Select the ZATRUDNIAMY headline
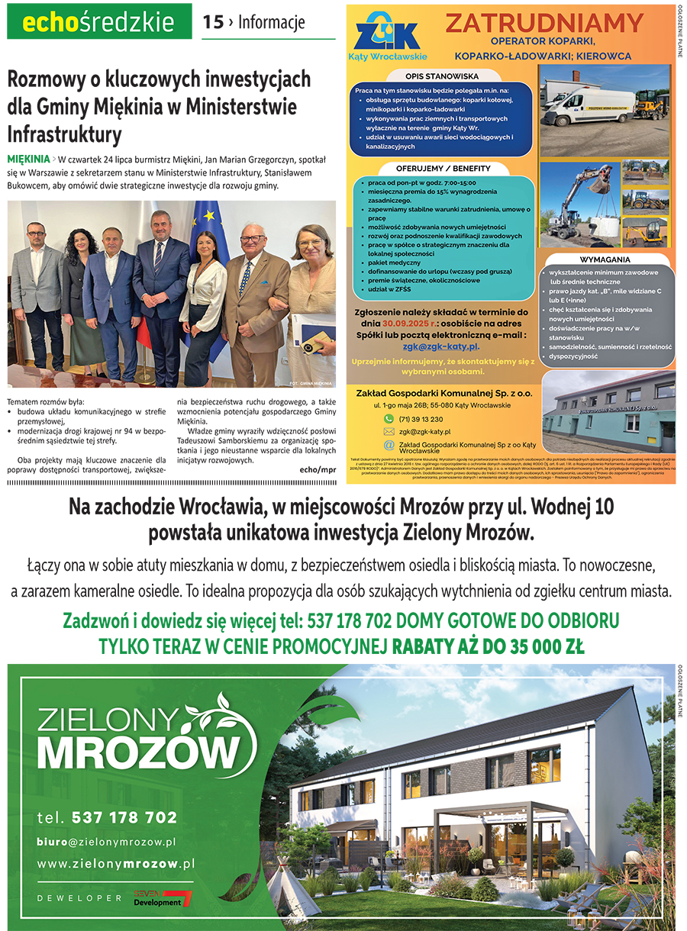pyautogui.click(x=544, y=24)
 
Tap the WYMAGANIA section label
pyautogui.click(x=605, y=259)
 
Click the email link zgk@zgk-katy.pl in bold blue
pyautogui.click(x=441, y=346)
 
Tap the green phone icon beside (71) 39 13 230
pyautogui.click(x=389, y=419)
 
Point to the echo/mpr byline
pyautogui.click(x=318, y=470)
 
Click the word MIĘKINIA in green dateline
pyautogui.click(x=27, y=159)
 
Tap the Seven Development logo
pyautogui.click(x=163, y=897)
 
